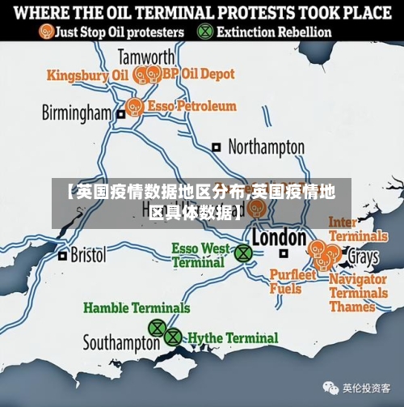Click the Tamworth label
pyautogui.click(x=145, y=57)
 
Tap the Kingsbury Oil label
pyautogui.click(x=87, y=75)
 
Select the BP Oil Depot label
pyautogui.click(x=200, y=74)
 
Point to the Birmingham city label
pyautogui.click(x=77, y=112)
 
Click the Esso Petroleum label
pyautogui.click(x=193, y=106)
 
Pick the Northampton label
pyautogui.click(x=266, y=147)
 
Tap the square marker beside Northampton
pyautogui.click(x=217, y=147)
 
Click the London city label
pyautogui.click(x=279, y=237)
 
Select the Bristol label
pyautogui.click(x=88, y=255)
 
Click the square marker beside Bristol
pyautogui.click(x=63, y=256)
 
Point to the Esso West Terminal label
pyautogui.click(x=200, y=255)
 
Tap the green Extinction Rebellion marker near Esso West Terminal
pyautogui.click(x=242, y=253)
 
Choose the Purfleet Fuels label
pyautogui.click(x=292, y=282)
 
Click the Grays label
pyautogui.click(x=363, y=257)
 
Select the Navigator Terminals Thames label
pyautogui.click(x=358, y=293)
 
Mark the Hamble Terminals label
pyautogui.click(x=137, y=307)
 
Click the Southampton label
pyautogui.click(x=121, y=342)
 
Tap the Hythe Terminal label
pyautogui.click(x=233, y=337)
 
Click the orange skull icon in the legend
pyautogui.click(x=47, y=32)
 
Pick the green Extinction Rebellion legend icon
pyautogui.click(x=206, y=32)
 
